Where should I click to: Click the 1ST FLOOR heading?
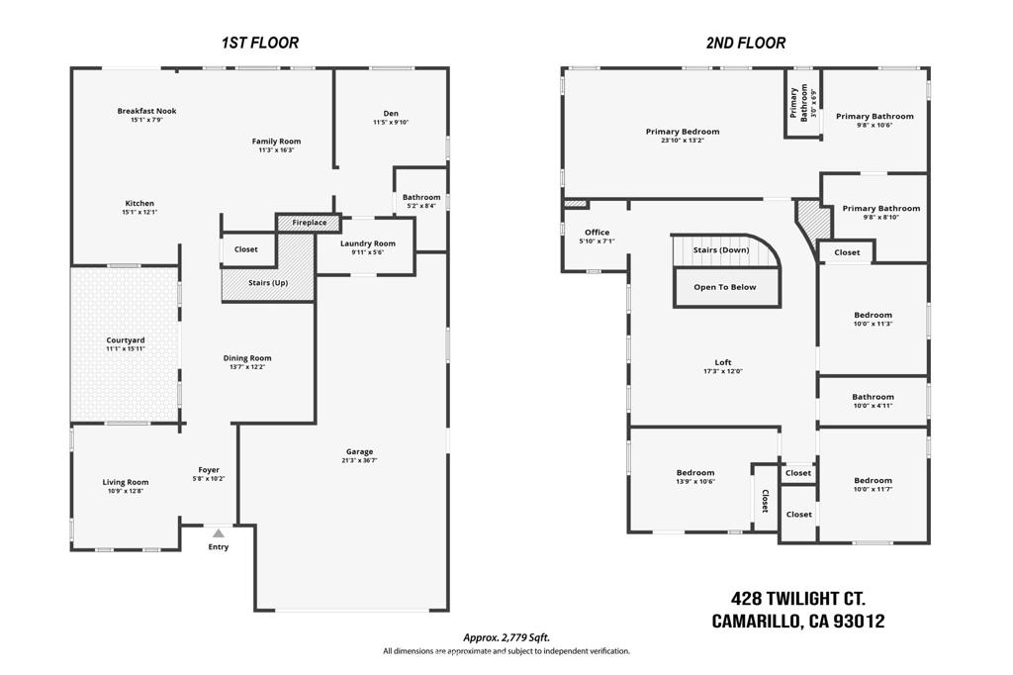(260, 44)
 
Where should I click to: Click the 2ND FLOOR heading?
(746, 44)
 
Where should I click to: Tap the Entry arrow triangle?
(219, 533)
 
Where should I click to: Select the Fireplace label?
(310, 223)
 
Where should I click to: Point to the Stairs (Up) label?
(268, 282)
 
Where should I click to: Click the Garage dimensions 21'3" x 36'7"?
(359, 461)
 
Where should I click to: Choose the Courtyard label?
(126, 340)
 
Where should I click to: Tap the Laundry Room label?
(368, 243)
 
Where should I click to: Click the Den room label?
(391, 113)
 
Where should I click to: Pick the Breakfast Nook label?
(146, 111)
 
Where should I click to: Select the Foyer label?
(209, 470)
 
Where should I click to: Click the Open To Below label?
(725, 287)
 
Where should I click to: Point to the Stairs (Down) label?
(721, 249)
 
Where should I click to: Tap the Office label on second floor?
(597, 233)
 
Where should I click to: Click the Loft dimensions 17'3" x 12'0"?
(723, 372)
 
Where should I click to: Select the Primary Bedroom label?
(683, 132)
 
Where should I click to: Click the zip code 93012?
(860, 622)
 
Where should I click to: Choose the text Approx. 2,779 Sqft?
(506, 638)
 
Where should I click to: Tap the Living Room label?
(126, 482)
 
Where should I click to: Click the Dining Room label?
(247, 357)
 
